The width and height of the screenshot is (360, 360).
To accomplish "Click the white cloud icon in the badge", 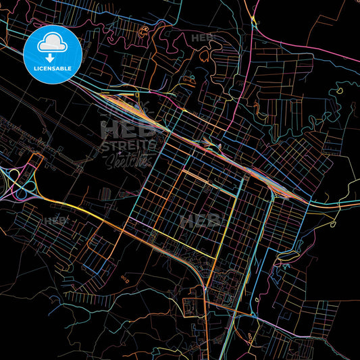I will (x=52, y=43).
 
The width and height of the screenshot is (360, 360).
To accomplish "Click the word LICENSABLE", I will (x=52, y=68).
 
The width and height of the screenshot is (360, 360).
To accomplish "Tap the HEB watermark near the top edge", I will (x=202, y=38).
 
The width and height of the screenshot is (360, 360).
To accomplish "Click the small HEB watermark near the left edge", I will (x=55, y=220).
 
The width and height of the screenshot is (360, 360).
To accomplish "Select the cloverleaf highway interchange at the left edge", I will (x=20, y=181).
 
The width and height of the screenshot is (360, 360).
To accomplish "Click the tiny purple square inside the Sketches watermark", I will (x=119, y=154).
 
